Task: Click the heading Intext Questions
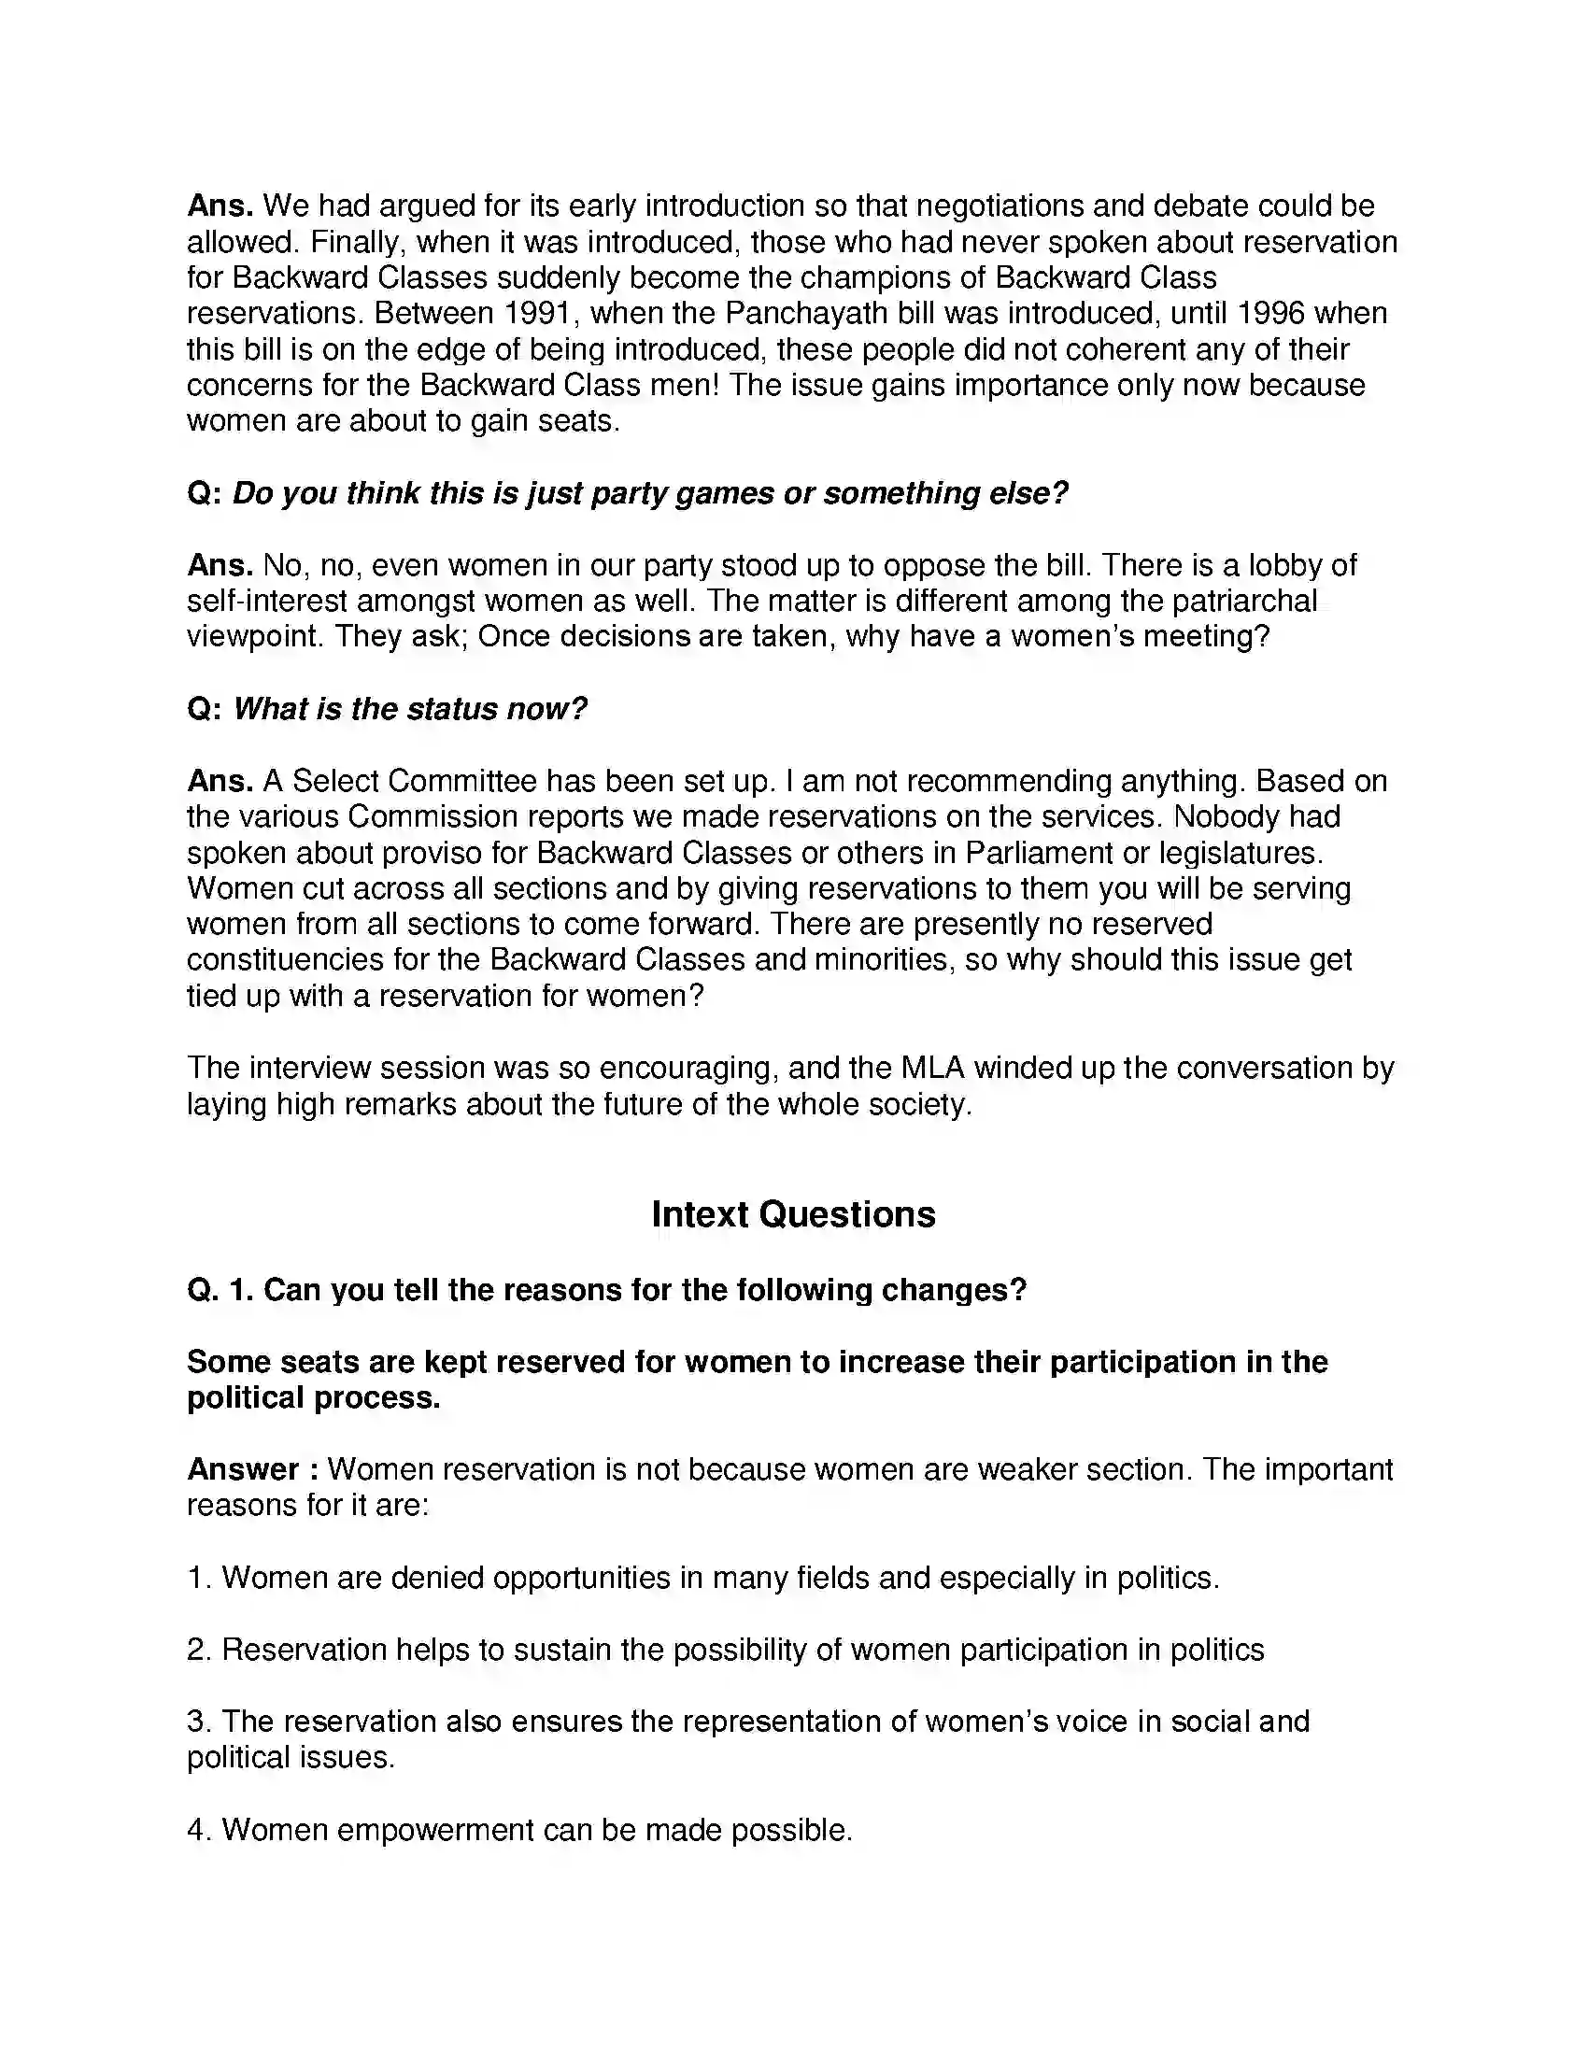point(793,1214)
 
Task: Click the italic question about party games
point(649,493)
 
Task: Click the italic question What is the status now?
point(409,709)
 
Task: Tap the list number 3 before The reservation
point(197,1721)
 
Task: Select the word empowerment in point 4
point(433,1829)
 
